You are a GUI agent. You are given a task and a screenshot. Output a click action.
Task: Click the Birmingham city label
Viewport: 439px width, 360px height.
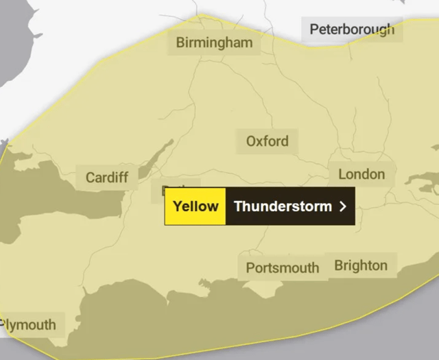pyautogui.click(x=214, y=43)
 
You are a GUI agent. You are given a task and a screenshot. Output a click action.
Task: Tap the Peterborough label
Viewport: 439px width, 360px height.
pyautogui.click(x=352, y=29)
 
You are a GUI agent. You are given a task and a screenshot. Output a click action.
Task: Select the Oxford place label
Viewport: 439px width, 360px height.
pyautogui.click(x=268, y=142)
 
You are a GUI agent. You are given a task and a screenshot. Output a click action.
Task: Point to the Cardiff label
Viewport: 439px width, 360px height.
pyautogui.click(x=107, y=178)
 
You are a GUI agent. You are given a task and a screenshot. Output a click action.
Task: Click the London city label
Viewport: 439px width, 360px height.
pyautogui.click(x=361, y=174)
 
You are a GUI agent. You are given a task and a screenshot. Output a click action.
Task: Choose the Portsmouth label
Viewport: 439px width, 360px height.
pyautogui.click(x=282, y=267)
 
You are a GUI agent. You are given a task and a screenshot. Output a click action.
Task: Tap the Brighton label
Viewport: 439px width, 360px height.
pyautogui.click(x=361, y=265)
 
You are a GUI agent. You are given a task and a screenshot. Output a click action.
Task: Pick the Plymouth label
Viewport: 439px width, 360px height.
pyautogui.click(x=29, y=324)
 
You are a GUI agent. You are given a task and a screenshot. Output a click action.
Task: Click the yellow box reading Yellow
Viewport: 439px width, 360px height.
pyautogui.click(x=195, y=206)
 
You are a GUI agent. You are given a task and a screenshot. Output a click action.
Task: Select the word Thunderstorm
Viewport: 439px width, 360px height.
pyautogui.click(x=283, y=206)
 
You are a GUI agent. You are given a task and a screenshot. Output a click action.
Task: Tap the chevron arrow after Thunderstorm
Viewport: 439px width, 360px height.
pyautogui.click(x=343, y=206)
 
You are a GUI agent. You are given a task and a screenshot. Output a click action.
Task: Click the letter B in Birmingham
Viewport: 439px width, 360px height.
pyautogui.click(x=180, y=43)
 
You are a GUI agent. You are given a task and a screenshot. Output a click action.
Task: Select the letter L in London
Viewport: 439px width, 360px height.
pyautogui.click(x=342, y=174)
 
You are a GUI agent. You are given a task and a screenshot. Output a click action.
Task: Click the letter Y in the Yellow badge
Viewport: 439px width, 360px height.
pyautogui.click(x=177, y=206)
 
